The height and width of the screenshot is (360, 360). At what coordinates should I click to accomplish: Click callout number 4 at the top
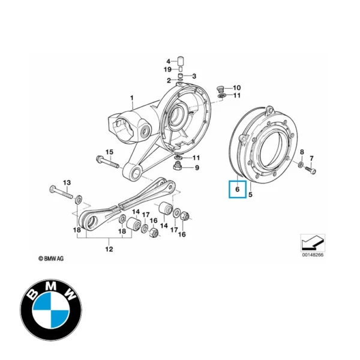(169, 61)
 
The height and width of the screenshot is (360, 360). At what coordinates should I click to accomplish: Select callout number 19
(168, 70)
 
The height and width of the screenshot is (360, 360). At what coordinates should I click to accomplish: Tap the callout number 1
(133, 97)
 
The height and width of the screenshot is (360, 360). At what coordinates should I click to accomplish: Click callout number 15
(109, 152)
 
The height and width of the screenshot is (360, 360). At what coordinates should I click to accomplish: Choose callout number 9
(196, 167)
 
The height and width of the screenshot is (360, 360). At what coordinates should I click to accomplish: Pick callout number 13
(67, 182)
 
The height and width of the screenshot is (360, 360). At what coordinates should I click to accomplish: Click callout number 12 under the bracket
(109, 248)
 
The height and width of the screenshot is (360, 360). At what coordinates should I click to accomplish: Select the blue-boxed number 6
(237, 190)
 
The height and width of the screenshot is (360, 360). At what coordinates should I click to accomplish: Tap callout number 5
(251, 194)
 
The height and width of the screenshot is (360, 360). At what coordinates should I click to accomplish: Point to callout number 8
(301, 152)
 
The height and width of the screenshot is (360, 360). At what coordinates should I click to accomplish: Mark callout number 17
(173, 229)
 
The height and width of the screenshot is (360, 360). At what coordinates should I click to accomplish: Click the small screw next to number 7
(311, 172)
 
